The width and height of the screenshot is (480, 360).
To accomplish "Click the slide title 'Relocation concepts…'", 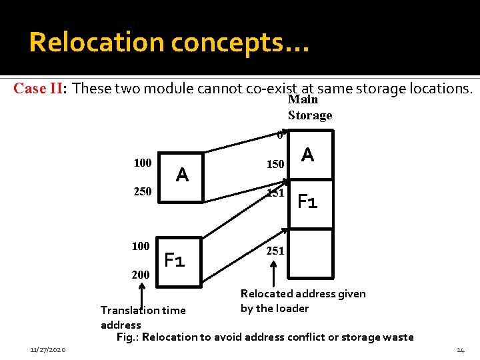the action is (169, 43).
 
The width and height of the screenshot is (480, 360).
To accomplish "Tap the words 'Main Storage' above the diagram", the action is (309, 107).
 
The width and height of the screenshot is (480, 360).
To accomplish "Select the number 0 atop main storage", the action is (280, 135).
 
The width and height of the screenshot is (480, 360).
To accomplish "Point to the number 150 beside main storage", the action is (275, 164).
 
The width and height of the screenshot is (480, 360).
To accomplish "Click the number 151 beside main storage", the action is (275, 193).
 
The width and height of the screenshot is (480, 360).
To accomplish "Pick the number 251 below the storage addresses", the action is (275, 251).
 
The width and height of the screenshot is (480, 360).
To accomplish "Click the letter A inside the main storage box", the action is (307, 155).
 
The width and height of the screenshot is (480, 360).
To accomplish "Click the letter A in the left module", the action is (182, 175).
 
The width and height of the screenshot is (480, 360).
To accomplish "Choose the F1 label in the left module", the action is (175, 260).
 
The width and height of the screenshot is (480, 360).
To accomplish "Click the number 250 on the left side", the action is (142, 192).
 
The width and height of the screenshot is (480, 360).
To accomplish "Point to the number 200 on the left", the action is (141, 275).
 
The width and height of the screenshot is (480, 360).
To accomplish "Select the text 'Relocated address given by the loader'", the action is (303, 301).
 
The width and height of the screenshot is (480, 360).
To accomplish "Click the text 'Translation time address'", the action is (143, 317).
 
